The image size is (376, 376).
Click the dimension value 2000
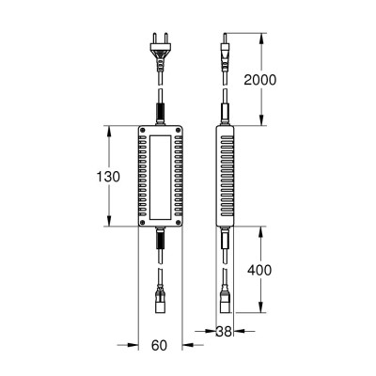coord(260,80)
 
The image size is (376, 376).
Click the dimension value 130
coord(108,177)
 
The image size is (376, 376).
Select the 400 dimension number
coord(259,270)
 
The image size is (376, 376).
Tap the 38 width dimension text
coord(224,332)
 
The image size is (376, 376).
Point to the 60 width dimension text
coord(159,346)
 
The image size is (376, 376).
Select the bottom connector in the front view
coord(160,300)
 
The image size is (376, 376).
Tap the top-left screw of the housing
coord(143,130)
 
